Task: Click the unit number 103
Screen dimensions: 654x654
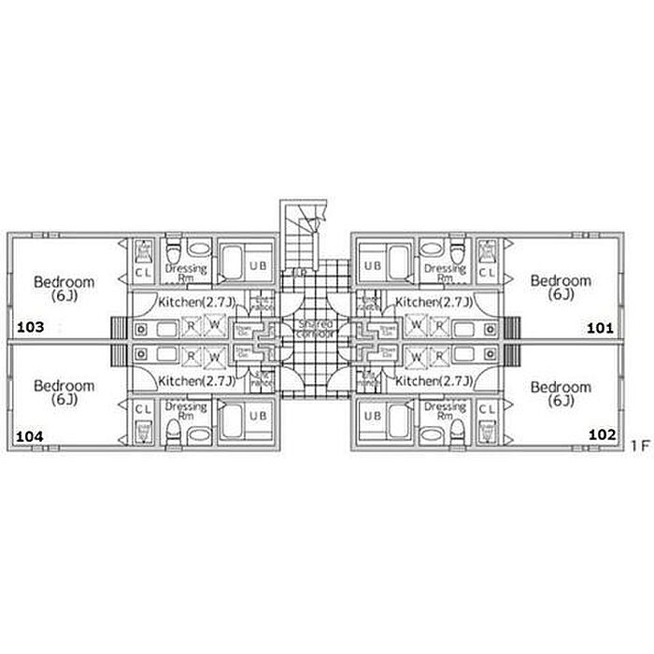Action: (x=30, y=328)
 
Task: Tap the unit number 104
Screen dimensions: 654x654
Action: (x=30, y=435)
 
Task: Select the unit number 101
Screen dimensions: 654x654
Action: (x=599, y=328)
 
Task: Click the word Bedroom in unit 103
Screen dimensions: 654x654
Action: (x=64, y=281)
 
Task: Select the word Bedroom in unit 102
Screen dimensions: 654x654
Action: (x=561, y=387)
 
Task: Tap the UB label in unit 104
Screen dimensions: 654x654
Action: (x=258, y=416)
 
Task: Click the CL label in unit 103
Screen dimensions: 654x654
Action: (x=143, y=273)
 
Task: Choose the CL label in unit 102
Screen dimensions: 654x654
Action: (x=487, y=409)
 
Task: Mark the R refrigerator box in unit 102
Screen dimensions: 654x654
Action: (x=439, y=356)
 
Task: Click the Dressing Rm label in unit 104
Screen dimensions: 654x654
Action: (x=184, y=412)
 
